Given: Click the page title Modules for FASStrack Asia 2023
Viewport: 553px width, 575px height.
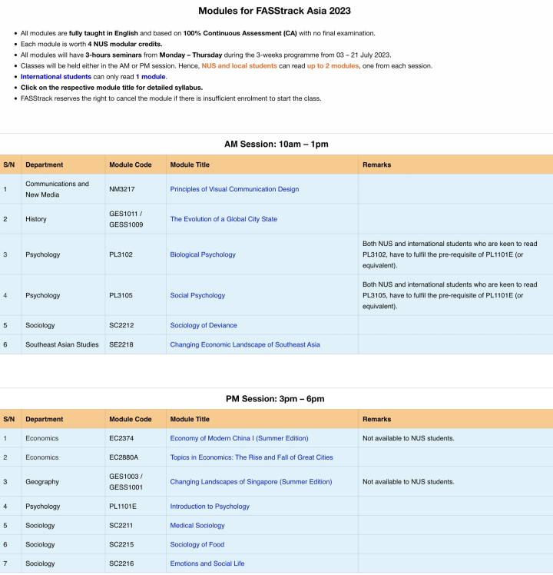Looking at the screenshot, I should point(276,11).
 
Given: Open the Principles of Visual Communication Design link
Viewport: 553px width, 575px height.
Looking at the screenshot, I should point(234,189).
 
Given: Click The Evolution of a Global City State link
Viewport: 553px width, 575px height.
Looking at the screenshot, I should point(224,219).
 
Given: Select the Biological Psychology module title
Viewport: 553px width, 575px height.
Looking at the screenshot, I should point(203,254).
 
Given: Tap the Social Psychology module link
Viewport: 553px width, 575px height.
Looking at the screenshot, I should point(197,295).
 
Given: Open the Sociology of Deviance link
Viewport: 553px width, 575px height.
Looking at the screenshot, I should point(204,325).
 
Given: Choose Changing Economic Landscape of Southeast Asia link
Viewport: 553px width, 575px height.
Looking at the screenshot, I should point(245,344).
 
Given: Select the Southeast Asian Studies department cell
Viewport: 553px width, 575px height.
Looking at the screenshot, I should point(62,344).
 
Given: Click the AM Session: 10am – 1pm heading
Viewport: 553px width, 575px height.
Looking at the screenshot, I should point(276,144).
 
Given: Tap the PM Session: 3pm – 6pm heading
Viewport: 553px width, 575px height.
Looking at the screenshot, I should point(276,399).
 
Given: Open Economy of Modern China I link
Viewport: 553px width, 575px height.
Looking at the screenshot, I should point(239,438).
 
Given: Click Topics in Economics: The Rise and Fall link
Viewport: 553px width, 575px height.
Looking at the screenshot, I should point(251,457).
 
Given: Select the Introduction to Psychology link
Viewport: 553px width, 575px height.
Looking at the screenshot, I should point(210,507).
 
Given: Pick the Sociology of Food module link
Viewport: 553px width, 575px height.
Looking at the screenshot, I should point(197,545).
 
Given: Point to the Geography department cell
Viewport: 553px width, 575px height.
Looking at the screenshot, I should point(42,482).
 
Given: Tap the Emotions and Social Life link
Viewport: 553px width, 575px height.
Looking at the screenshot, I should point(207,563).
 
